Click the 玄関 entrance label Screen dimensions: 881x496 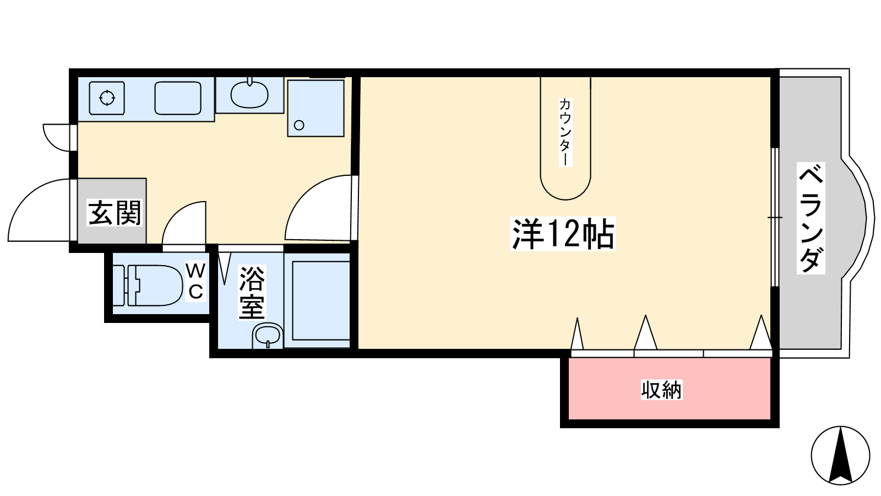[x=114, y=213]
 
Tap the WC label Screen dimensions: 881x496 [x=195, y=282]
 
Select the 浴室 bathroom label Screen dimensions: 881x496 [x=252, y=293]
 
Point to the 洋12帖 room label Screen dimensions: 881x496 [x=563, y=234]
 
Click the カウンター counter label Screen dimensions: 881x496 [x=565, y=132]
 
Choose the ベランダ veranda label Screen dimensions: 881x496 [x=811, y=218]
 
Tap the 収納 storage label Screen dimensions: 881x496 [x=661, y=390]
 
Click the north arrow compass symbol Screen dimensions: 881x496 [x=840, y=455]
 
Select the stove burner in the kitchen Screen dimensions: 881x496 [x=107, y=98]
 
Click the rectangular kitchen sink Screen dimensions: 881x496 [x=178, y=98]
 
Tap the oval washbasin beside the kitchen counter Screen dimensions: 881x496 [x=249, y=94]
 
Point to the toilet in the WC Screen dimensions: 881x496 [x=148, y=285]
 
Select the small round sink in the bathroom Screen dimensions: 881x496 [x=268, y=336]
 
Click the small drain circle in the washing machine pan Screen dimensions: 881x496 [x=299, y=125]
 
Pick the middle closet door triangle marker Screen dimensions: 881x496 [x=645, y=332]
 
